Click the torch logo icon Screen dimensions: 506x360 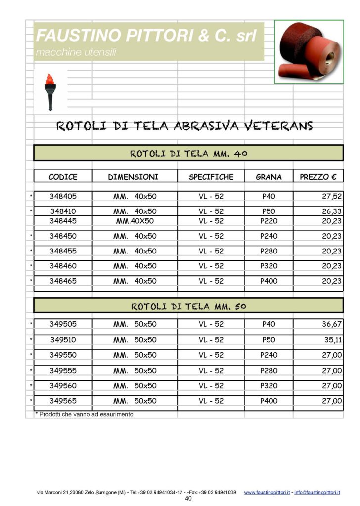49,91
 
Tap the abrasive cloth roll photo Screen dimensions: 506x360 309,51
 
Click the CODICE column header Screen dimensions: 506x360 63,177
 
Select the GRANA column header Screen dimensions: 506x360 269,177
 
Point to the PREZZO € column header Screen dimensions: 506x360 318,177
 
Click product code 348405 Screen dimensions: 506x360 63,196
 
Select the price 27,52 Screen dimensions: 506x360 331,197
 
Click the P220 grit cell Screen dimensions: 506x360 269,221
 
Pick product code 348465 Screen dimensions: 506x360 63,281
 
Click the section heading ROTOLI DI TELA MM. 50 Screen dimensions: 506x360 188,306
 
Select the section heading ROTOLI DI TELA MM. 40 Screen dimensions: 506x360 188,154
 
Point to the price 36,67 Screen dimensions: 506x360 331,325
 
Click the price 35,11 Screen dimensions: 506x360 333,340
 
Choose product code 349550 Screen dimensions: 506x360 63,355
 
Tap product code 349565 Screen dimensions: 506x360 63,401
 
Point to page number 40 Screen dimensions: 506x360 188,499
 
